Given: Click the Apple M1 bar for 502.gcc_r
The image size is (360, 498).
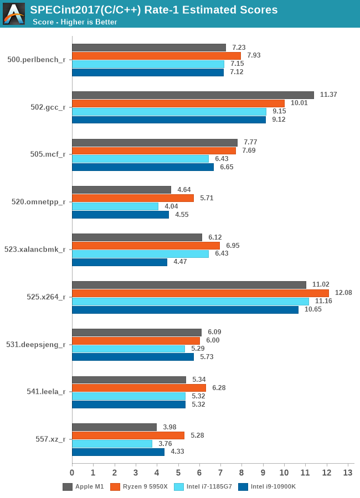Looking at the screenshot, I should (x=193, y=95).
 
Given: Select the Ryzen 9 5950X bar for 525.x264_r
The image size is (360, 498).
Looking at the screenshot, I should (x=200, y=293).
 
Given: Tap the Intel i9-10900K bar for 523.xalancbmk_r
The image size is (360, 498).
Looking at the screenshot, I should (x=120, y=262).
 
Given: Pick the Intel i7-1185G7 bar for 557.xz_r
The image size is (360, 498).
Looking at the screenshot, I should (x=112, y=444).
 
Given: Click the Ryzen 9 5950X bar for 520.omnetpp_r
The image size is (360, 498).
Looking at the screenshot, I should (x=133, y=198).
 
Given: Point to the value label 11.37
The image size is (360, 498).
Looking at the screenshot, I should (x=329, y=95).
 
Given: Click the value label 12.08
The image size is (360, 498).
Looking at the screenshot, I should (x=343, y=293).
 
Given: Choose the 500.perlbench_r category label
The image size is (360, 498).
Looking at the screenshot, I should (x=37, y=60).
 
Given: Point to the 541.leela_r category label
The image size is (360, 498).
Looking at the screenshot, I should (x=47, y=392).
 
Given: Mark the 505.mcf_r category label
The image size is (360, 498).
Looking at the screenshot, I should (x=48, y=154).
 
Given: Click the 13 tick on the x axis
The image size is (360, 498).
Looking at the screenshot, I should (x=348, y=473).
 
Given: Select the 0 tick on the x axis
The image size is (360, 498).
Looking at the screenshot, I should (x=72, y=473).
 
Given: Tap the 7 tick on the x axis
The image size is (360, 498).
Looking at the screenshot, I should (x=220, y=473).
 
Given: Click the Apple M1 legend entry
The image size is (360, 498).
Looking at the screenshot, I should (x=83, y=487).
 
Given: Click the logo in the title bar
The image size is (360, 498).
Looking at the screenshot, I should (x=14, y=14).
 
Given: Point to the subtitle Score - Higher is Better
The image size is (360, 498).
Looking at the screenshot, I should (x=75, y=22).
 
